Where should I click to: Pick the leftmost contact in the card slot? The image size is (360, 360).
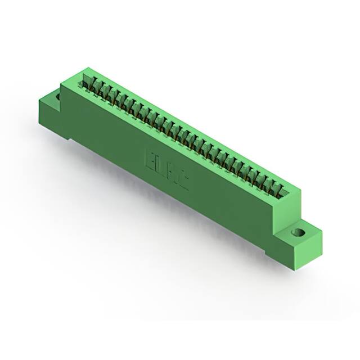[x=88, y=83]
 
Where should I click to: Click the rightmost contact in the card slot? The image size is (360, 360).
[x=282, y=188]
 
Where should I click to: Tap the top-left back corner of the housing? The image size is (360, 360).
[x=84, y=69]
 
